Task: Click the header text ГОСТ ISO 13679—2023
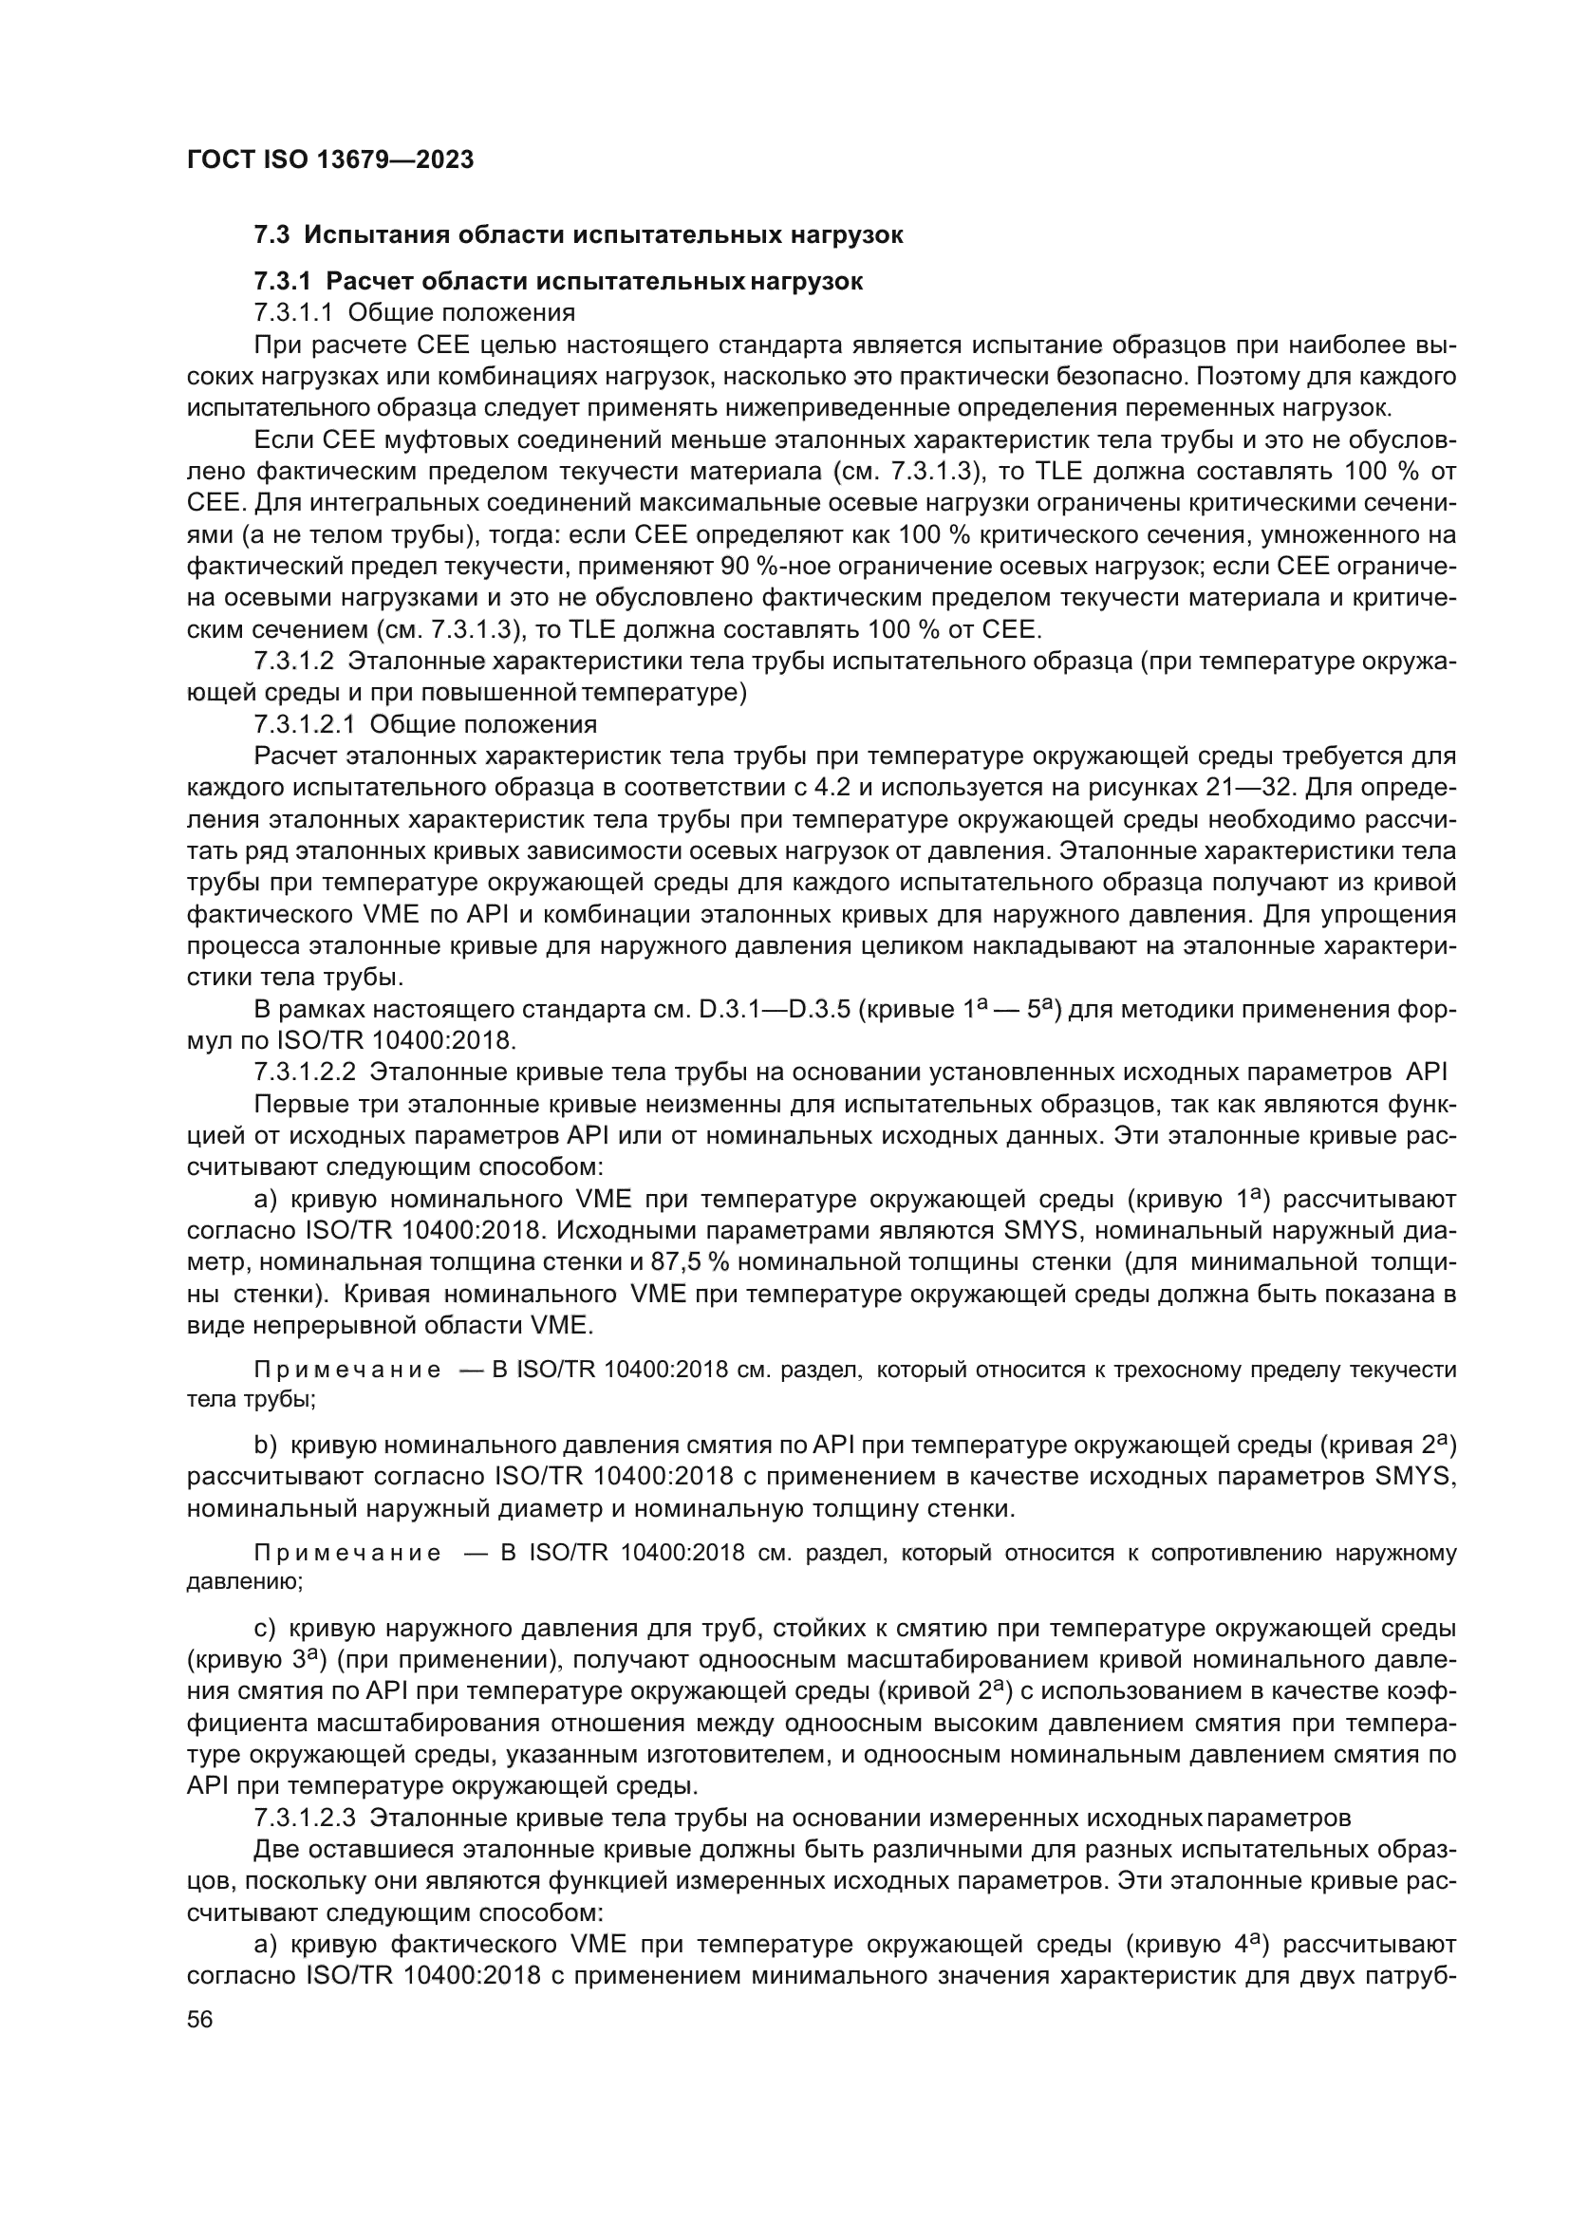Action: click(329, 160)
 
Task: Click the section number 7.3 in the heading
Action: click(272, 235)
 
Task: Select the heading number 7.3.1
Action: click(282, 281)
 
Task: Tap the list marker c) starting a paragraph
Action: click(265, 1630)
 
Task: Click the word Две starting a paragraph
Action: click(276, 1850)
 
